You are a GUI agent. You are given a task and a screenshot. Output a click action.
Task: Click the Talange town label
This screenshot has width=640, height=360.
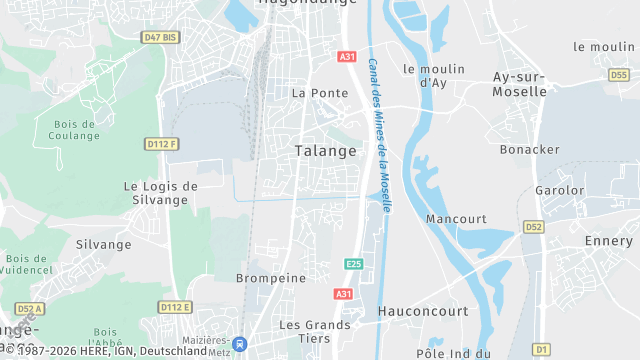pyautogui.click(x=325, y=151)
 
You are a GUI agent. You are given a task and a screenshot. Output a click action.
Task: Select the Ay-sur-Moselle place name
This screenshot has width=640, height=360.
pyautogui.click(x=520, y=83)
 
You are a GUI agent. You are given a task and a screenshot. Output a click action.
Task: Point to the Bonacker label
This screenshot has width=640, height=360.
pyautogui.click(x=530, y=149)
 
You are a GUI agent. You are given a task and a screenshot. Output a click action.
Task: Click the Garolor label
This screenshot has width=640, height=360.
pyautogui.click(x=559, y=190)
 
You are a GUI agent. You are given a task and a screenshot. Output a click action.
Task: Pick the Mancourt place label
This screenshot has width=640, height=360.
pyautogui.click(x=455, y=218)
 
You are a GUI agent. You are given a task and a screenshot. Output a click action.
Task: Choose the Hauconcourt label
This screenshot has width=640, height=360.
pyautogui.click(x=423, y=311)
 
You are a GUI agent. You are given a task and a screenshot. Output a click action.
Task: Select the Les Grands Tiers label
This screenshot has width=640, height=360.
pyautogui.click(x=314, y=331)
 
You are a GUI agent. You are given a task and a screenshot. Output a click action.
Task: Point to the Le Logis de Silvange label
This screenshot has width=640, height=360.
pyautogui.click(x=160, y=192)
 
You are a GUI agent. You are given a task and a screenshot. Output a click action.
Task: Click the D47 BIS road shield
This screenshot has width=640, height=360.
pyautogui.click(x=160, y=37)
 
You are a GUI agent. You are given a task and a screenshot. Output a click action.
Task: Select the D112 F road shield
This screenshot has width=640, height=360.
pyautogui.click(x=161, y=144)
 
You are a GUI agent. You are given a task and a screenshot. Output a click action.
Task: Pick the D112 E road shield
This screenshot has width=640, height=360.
pyautogui.click(x=174, y=307)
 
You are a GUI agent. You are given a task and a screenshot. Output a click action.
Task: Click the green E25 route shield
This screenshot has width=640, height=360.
pyautogui.click(x=353, y=264)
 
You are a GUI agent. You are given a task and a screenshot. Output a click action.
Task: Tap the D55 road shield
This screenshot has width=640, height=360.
pyautogui.click(x=618, y=74)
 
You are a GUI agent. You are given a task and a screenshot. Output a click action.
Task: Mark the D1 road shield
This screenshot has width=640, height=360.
pyautogui.click(x=541, y=348)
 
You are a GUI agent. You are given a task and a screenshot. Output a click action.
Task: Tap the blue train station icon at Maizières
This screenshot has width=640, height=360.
pyautogui.click(x=240, y=342)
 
